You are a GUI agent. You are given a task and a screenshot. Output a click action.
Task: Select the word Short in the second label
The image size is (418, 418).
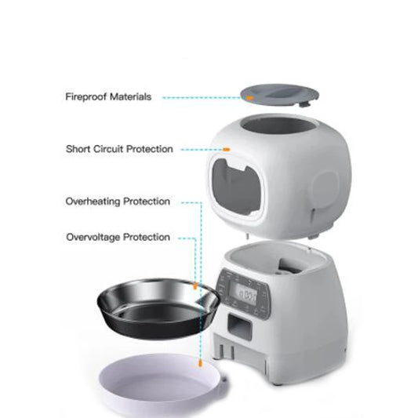[79, 148]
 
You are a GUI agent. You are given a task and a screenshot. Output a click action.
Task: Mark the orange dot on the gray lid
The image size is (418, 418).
[249, 97]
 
